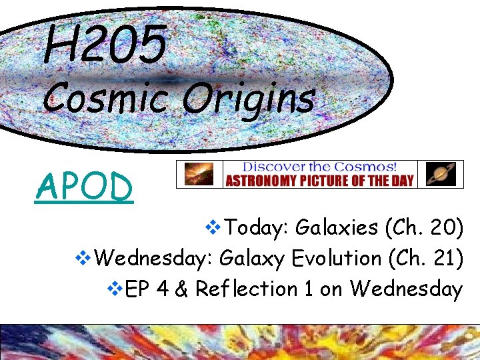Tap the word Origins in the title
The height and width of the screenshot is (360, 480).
tap(247, 99)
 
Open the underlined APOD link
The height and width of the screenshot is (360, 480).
tap(85, 187)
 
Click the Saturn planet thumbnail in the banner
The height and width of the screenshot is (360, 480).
tap(440, 174)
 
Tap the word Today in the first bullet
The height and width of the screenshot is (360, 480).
tap(255, 228)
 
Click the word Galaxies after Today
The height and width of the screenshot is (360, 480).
tap(337, 228)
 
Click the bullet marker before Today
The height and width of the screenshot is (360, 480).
tap(215, 229)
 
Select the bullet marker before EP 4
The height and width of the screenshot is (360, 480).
tap(114, 290)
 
